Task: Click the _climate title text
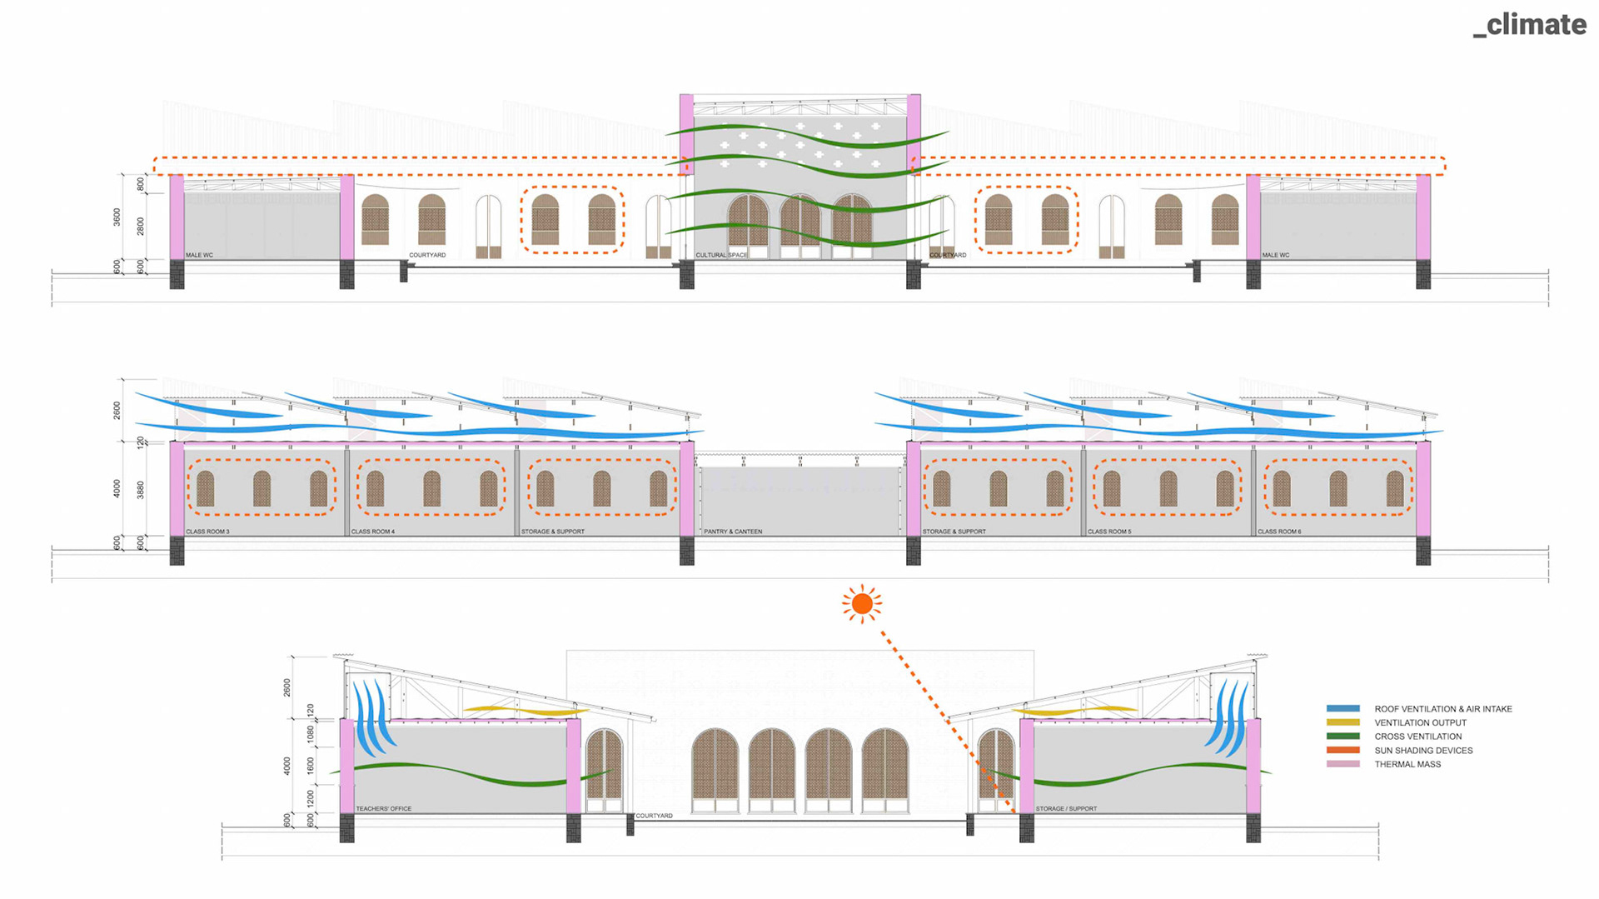pos(1530,25)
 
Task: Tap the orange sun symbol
pos(862,603)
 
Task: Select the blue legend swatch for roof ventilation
pos(1342,708)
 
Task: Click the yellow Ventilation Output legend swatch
pos(1342,722)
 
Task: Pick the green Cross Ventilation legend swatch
pos(1342,737)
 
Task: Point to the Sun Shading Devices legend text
pos(1423,751)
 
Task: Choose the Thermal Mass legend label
pos(1407,765)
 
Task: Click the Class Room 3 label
pos(207,532)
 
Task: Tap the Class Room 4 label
pos(373,532)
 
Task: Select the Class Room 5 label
pos(1109,532)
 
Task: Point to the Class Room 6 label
pos(1279,532)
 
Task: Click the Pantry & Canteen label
pos(733,532)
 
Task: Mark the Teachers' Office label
pos(384,809)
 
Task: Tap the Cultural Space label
pos(721,255)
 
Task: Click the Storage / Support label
pos(1066,809)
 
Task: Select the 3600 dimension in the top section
pos(117,217)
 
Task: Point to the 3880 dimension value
pos(140,490)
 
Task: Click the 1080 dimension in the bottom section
pos(311,734)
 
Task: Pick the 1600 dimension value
pos(311,766)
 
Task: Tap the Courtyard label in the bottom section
pos(654,816)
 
